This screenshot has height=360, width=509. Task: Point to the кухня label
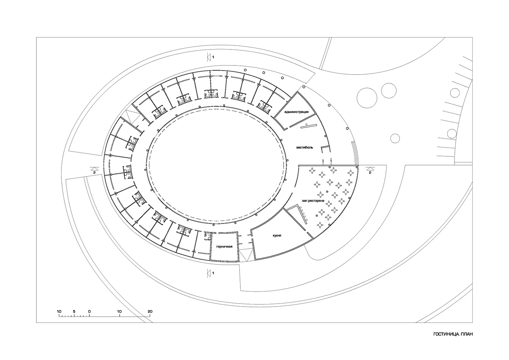tap(277, 236)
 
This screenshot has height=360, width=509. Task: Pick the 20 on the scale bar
tap(150, 312)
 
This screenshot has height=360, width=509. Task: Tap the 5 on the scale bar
tap(74, 312)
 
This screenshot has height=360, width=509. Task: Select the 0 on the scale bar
tap(89, 312)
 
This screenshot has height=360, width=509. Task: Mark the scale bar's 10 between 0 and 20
tap(120, 312)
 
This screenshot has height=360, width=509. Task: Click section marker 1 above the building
tap(213, 57)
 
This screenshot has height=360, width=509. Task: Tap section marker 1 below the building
tap(213, 272)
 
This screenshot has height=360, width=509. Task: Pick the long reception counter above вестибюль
tap(308, 126)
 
